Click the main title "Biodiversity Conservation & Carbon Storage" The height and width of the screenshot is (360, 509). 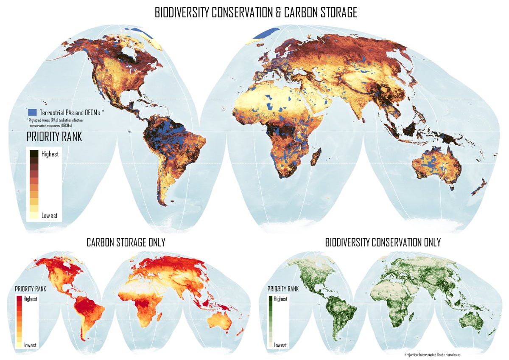(x=255, y=13)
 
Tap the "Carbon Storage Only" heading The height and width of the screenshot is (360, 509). (x=126, y=242)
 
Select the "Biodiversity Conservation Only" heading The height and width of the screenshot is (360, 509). (x=383, y=242)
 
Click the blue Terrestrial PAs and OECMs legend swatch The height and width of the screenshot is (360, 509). (x=32, y=112)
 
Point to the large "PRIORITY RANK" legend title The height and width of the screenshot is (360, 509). (x=54, y=137)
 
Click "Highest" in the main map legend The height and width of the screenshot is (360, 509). (x=50, y=154)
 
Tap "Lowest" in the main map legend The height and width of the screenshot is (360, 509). (x=50, y=216)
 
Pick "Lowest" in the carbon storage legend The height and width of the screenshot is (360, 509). (x=30, y=345)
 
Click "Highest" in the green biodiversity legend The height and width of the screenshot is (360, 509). (x=280, y=299)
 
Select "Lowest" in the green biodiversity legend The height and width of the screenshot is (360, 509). (x=280, y=345)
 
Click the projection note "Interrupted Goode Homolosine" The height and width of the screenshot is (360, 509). (x=433, y=354)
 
